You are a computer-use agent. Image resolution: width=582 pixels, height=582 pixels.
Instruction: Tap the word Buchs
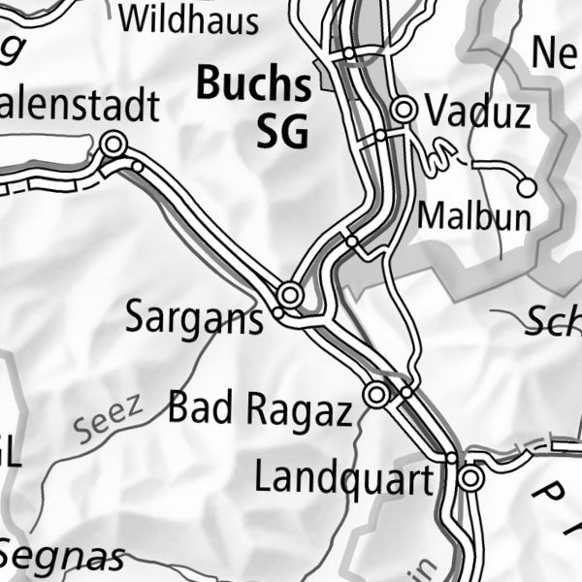pos(253,86)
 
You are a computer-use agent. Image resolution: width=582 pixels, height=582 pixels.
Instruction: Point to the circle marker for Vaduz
pos(404,109)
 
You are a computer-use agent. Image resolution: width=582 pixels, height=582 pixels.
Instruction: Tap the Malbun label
pos(474,216)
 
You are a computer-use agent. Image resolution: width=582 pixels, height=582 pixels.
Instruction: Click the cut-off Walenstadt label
pos(78,107)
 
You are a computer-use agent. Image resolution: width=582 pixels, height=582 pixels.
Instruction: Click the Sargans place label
pos(194,318)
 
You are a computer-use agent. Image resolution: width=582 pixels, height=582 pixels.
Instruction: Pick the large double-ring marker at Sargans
pos(289,293)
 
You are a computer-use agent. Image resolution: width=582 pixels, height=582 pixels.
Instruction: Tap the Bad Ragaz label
pos(259,409)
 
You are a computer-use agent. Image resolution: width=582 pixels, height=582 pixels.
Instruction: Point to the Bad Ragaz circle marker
pos(376,395)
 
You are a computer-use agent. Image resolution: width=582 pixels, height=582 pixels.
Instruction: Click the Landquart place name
pos(342,477)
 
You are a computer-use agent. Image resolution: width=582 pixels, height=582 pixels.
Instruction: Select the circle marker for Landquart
pos(471,478)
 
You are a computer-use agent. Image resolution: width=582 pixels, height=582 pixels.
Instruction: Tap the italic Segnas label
pos(63,557)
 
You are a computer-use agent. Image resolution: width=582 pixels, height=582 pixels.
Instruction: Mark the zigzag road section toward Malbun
pos(441,153)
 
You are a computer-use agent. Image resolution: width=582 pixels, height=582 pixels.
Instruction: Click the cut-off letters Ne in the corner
pos(555,55)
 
